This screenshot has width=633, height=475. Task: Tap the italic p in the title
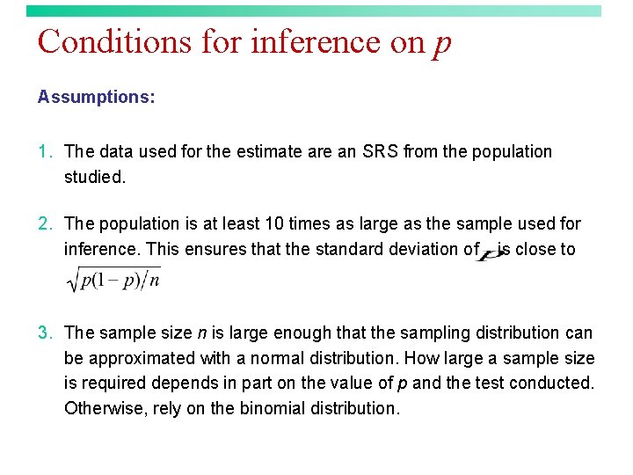coord(441,44)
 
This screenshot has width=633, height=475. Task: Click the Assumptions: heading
coord(96,97)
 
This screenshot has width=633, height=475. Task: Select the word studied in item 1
coord(93,177)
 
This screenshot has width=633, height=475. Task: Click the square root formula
coord(113,281)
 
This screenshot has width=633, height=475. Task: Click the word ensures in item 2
coord(218,249)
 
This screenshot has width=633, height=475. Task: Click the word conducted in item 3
coord(557,383)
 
